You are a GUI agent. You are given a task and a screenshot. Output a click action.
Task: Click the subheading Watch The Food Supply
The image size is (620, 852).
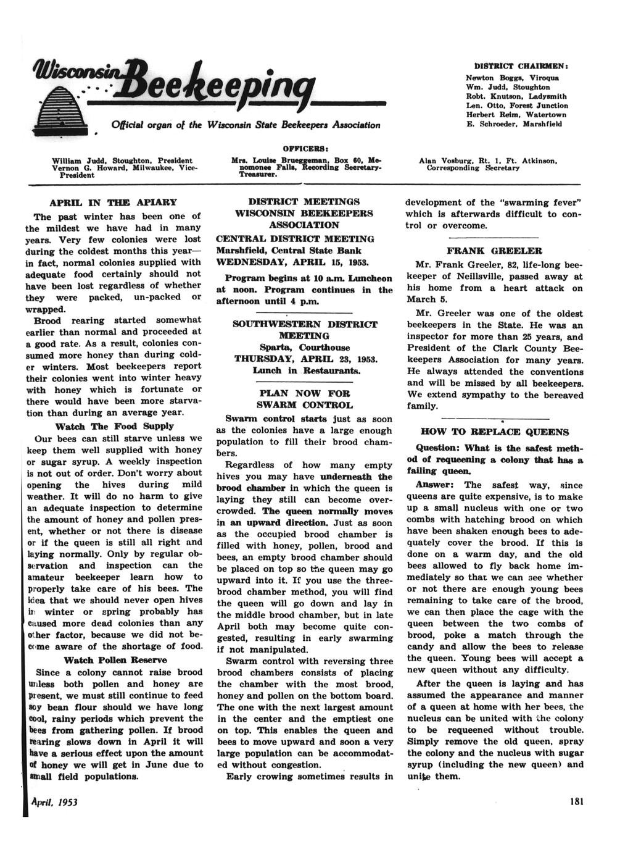[x=114, y=426]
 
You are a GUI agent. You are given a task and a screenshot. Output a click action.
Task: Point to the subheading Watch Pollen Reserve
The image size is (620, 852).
[x=114, y=660]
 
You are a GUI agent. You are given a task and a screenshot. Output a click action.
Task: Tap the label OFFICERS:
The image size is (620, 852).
[x=305, y=149]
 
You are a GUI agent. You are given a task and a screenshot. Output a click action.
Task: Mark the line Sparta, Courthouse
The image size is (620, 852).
[x=305, y=348]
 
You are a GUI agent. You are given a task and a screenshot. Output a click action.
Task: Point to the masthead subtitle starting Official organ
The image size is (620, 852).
[x=246, y=125]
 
